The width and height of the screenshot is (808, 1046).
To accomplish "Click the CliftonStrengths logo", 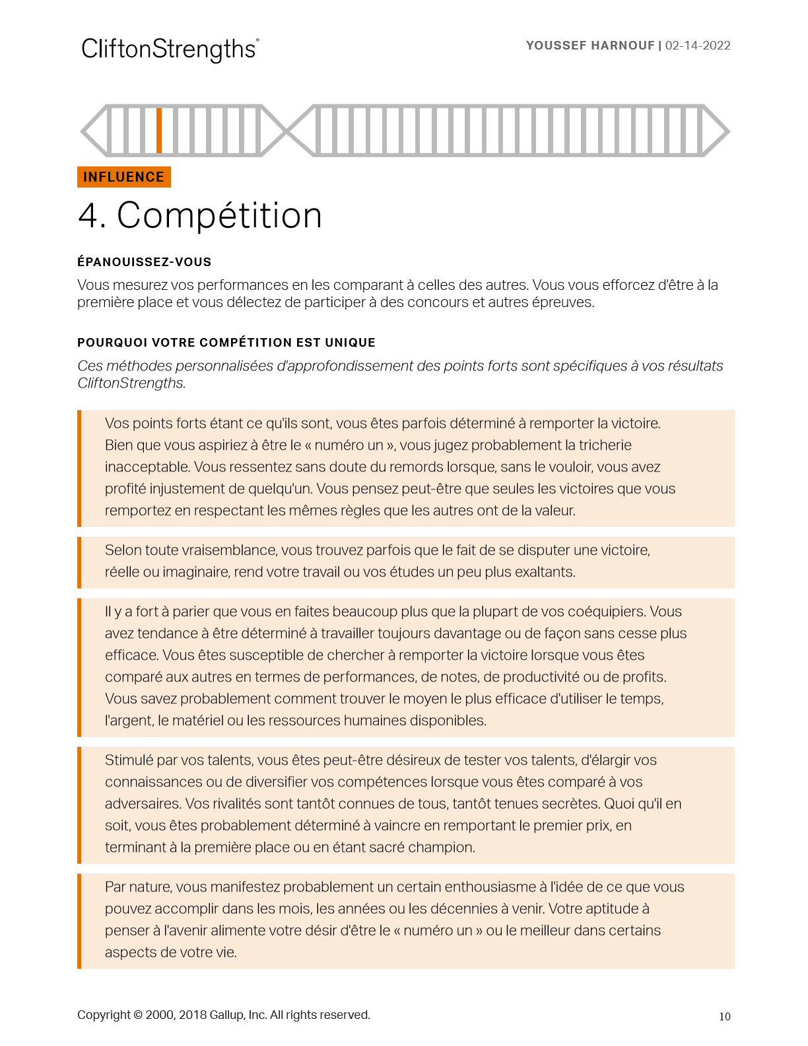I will [169, 50].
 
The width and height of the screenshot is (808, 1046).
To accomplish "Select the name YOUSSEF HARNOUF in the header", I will [590, 46].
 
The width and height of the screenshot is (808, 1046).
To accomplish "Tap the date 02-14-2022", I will [698, 46].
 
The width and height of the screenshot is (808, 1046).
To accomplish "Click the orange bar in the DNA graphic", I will [159, 130].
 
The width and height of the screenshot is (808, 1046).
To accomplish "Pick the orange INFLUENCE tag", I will [124, 177].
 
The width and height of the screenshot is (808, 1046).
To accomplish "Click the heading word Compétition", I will [219, 215].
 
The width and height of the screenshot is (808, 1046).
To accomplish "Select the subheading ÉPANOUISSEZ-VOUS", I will [144, 262].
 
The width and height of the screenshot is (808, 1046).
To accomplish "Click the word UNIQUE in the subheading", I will [350, 343].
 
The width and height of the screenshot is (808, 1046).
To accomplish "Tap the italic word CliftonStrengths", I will [131, 383].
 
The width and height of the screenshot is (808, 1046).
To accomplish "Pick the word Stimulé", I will [129, 760].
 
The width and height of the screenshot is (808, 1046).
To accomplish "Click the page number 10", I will [725, 1016].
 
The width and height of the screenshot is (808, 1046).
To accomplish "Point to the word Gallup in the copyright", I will [227, 1015].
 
